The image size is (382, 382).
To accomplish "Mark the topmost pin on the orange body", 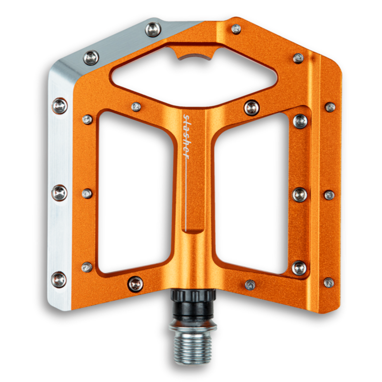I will (x=235, y=29).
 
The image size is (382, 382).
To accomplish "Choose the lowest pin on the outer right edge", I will (x=329, y=282).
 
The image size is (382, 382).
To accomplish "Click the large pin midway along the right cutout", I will (x=300, y=194).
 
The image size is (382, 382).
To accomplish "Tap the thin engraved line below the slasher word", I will (x=187, y=194).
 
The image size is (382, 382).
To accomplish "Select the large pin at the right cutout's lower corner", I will (x=299, y=268).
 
